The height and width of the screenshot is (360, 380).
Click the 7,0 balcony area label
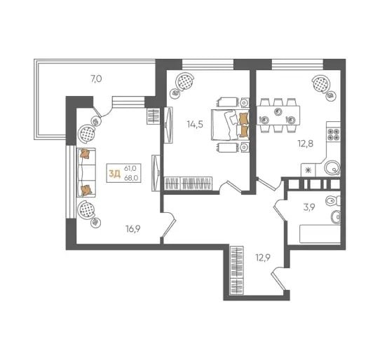click(96, 79)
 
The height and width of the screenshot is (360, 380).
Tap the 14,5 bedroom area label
click(195, 125)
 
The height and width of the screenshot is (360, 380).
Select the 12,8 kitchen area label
click(306, 144)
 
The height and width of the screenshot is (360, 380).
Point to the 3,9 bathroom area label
click(309, 207)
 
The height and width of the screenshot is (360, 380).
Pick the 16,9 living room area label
click(133, 229)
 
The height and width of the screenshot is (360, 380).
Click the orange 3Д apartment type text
click(114, 173)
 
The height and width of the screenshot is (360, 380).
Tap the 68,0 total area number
click(131, 178)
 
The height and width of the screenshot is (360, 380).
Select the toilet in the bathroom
click(333, 201)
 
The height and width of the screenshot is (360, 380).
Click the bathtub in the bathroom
click(320, 234)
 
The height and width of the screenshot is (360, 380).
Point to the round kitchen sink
click(332, 168)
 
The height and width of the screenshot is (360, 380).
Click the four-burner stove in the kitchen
click(334, 134)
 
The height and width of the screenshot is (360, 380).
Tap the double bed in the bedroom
click(230, 125)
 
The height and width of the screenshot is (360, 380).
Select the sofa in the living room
click(86, 172)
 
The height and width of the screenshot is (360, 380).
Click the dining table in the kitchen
click(278, 116)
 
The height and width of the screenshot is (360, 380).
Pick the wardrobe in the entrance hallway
click(236, 270)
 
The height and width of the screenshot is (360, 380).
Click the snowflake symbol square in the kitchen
click(308, 170)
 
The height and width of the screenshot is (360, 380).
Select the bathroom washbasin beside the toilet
click(336, 217)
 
